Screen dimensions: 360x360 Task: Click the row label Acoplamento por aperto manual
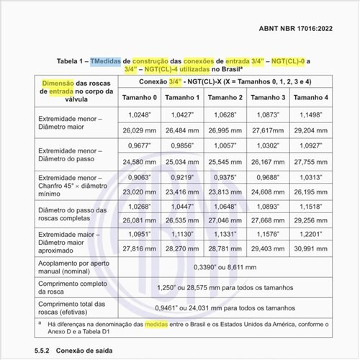tap(71, 268)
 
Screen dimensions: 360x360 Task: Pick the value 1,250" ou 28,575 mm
tap(223, 288)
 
